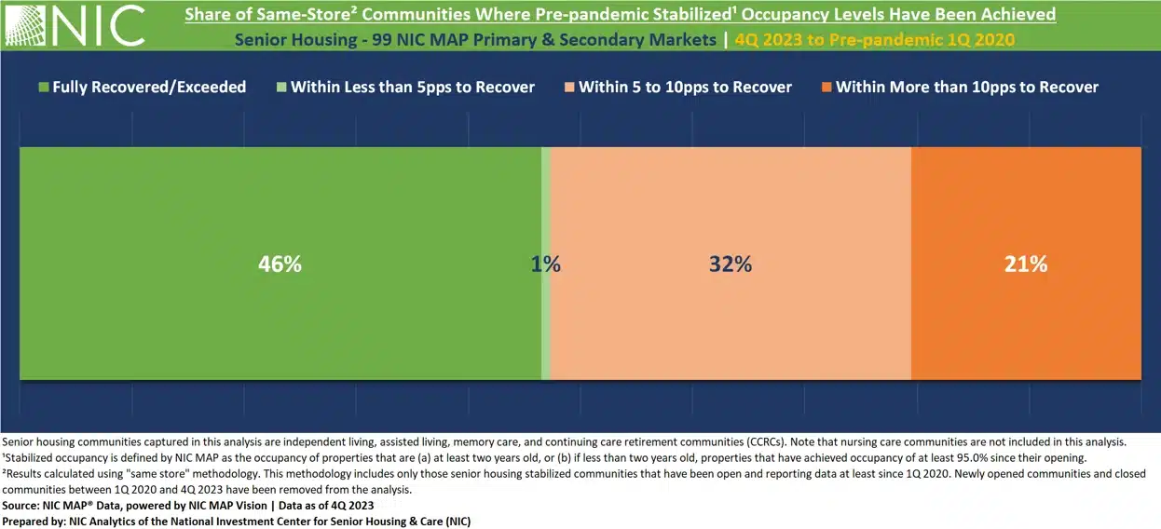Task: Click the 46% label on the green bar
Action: pos(280,264)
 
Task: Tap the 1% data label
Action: pos(545,264)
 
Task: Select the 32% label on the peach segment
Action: pos(730,264)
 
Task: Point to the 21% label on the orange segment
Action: pos(1025,264)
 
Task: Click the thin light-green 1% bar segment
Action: pos(546,326)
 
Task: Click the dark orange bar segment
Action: pos(1025,326)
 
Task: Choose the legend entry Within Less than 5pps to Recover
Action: pos(413,87)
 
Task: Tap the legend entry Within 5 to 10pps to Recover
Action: pos(685,87)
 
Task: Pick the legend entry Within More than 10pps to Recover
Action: pos(966,87)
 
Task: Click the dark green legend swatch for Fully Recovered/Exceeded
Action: pos(42,87)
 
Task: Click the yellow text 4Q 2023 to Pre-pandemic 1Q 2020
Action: pos(874,40)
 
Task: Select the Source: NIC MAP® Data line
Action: pos(188,505)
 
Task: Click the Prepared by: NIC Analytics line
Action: pos(237,521)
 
